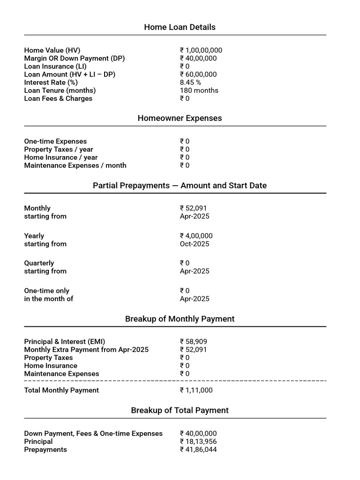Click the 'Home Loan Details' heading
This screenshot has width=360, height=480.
(180, 27)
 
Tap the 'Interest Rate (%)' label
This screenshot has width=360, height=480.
(51, 82)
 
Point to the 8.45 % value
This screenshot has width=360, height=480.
(190, 82)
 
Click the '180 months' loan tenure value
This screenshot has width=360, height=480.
(199, 90)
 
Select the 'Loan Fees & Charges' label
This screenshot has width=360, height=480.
(58, 98)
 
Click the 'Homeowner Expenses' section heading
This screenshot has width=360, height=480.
(180, 118)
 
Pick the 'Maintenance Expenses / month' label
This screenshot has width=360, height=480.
(75, 165)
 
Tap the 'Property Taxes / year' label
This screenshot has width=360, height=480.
(59, 150)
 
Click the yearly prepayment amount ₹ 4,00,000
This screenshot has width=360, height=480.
(196, 236)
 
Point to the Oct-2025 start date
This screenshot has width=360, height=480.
(195, 244)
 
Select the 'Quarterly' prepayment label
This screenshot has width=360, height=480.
(39, 263)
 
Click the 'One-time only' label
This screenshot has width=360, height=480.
(46, 291)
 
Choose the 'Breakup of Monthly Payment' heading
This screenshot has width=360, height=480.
(180, 319)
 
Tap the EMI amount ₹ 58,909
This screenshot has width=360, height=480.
(193, 342)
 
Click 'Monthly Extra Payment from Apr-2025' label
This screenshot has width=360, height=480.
(86, 350)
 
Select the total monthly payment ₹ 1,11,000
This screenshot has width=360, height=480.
(196, 390)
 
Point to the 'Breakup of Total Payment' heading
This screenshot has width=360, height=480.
(180, 410)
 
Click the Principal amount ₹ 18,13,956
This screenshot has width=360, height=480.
(198, 442)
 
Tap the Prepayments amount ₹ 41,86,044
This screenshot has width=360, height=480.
(198, 450)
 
